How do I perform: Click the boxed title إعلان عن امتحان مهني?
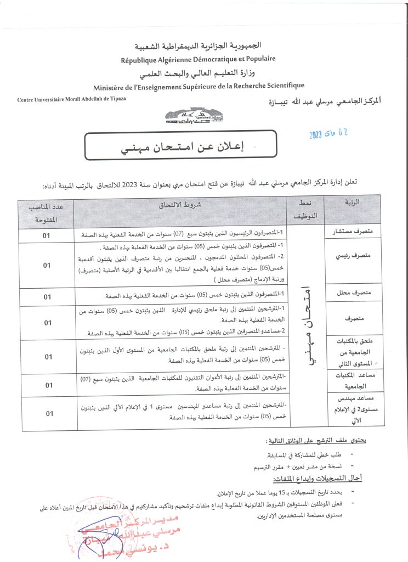[180, 146]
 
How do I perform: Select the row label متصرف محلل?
[354, 296]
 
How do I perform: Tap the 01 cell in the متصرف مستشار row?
[47, 235]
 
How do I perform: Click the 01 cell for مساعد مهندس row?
[47, 413]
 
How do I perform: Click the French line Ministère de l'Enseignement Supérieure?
[199, 86]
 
